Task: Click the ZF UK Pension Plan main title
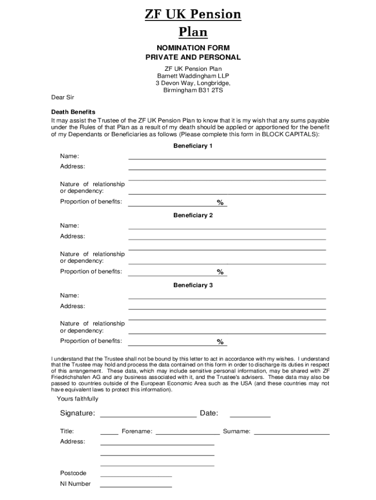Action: [x=193, y=23]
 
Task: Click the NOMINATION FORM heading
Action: [x=193, y=48]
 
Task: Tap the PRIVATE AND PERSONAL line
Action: [x=193, y=57]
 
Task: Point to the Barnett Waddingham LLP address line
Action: [x=193, y=76]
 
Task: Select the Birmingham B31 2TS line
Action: [x=193, y=90]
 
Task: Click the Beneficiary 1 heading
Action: [x=193, y=146]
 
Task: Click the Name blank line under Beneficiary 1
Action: [x=227, y=158]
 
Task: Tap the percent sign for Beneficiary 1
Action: [x=220, y=203]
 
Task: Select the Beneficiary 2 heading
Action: [x=193, y=215]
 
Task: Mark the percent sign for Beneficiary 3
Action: [x=220, y=342]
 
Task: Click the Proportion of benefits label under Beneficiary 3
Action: [x=91, y=341]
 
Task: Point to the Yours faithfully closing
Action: [x=77, y=399]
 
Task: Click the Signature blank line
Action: [x=148, y=417]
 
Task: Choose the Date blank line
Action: [x=250, y=417]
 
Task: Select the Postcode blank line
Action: [x=136, y=475]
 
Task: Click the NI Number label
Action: [x=75, y=484]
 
